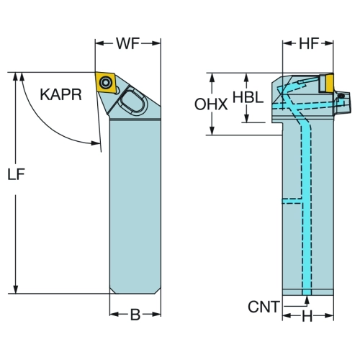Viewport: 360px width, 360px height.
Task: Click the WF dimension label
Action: pos(128,43)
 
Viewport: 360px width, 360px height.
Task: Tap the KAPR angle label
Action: pos(61,94)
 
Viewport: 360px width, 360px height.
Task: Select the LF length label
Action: pos(16,174)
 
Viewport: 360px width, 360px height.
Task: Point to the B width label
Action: pos(135,315)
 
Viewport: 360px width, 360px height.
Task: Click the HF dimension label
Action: pos(309,43)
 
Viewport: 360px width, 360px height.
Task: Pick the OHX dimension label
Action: pos(211,104)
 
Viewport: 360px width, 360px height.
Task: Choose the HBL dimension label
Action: pos(248,98)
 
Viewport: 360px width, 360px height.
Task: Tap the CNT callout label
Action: pos(264,307)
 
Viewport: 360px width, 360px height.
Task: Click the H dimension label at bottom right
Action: pos(307,317)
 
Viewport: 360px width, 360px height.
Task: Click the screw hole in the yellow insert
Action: pos(106,83)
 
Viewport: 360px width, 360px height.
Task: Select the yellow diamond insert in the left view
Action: pos(106,82)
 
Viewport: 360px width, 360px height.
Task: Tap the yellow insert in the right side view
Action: pos(326,84)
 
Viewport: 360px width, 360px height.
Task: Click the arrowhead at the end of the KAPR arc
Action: pos(96,143)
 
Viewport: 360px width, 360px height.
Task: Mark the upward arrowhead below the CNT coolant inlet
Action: pos(307,300)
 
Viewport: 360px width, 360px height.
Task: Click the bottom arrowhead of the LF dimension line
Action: pos(16,289)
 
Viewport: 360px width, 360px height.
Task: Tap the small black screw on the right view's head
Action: pos(341,96)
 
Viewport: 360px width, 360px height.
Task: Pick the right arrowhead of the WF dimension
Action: pos(156,43)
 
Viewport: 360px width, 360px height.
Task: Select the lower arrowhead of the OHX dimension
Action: pos(212,131)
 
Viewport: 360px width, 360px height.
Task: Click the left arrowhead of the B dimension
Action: pos(114,315)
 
